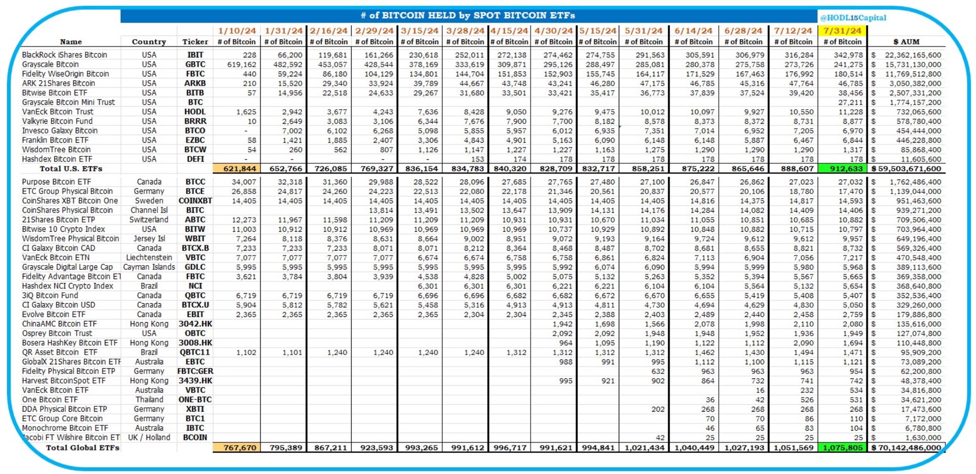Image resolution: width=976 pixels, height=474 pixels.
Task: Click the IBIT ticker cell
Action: (x=195, y=55)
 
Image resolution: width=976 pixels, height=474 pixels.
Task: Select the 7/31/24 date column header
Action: (x=842, y=31)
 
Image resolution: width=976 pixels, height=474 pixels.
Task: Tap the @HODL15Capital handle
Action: (x=853, y=18)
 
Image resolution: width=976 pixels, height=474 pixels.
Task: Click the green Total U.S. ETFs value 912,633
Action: (x=842, y=169)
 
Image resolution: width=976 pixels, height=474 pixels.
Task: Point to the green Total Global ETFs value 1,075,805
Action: (x=842, y=448)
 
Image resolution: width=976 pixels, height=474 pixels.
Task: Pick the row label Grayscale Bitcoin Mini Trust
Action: (x=68, y=102)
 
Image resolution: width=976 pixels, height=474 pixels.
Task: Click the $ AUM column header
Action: (x=906, y=42)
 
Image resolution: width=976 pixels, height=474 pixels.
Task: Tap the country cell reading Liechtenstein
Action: (x=149, y=258)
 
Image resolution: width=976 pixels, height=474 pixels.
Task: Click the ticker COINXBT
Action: (x=195, y=201)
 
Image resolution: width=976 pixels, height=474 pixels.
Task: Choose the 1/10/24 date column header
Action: (x=237, y=31)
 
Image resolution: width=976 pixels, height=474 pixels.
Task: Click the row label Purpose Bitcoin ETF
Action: (x=56, y=182)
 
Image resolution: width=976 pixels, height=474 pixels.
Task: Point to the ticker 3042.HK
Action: (x=195, y=324)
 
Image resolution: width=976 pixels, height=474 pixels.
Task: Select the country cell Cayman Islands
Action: (x=149, y=267)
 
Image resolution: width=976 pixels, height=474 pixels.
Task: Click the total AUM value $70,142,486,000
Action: (x=906, y=448)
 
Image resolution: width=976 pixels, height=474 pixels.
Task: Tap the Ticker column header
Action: (x=195, y=42)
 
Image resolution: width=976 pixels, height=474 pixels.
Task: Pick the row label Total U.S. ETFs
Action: (x=71, y=169)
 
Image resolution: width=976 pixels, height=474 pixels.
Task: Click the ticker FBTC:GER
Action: (x=195, y=371)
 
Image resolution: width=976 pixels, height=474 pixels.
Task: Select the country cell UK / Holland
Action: (x=149, y=437)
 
